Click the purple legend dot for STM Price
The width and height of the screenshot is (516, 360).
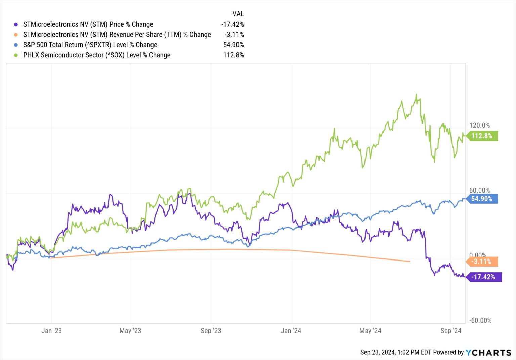tap(16, 24)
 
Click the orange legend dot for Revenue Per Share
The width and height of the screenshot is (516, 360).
tap(16, 35)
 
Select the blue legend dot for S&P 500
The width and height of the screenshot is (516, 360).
tap(16, 45)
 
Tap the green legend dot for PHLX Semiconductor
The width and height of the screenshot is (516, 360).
tap(16, 55)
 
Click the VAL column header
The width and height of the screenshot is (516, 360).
tap(238, 14)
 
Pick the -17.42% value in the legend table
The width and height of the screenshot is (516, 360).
tap(232, 24)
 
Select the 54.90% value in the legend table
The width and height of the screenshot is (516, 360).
tap(233, 45)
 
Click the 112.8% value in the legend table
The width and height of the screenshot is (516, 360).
tap(233, 55)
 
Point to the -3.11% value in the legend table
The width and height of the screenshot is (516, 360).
tap(234, 35)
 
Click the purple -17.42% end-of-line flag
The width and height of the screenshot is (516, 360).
tap(483, 277)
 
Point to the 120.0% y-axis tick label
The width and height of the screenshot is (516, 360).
tap(479, 125)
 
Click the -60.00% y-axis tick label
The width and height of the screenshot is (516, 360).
tap(480, 320)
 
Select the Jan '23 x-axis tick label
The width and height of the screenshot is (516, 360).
tap(51, 331)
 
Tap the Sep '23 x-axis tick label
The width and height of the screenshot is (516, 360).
tap(211, 331)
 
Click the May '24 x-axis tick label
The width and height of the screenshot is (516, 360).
tap(370, 331)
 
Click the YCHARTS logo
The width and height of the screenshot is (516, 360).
tap(488, 352)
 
